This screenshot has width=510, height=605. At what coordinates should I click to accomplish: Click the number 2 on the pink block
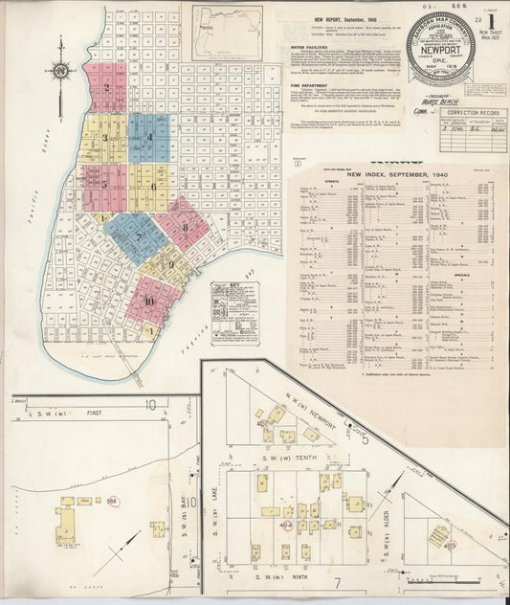click(x=107, y=88)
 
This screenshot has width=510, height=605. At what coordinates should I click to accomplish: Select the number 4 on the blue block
click(x=150, y=137)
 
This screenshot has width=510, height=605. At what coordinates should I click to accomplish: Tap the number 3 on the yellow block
click(x=106, y=138)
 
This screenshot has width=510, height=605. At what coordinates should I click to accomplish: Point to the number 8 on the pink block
click(x=185, y=228)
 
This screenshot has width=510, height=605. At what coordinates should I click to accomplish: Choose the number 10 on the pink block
click(x=149, y=300)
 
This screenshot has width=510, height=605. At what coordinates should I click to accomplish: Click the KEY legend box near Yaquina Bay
click(x=232, y=305)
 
